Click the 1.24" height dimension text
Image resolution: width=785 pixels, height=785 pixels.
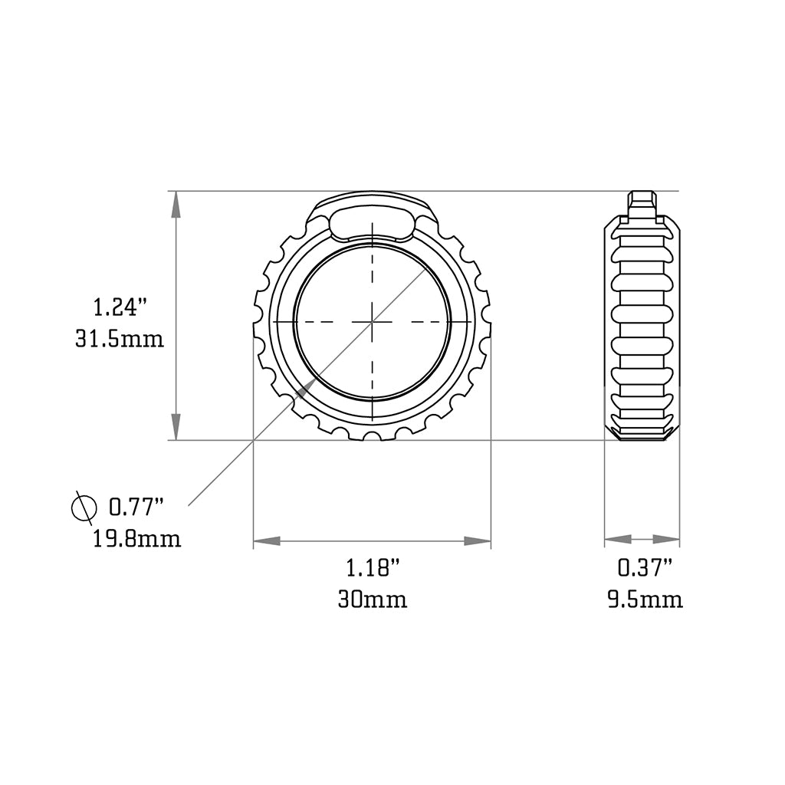120,308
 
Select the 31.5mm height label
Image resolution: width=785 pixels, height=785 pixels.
120,338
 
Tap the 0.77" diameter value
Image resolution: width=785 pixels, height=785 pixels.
136,507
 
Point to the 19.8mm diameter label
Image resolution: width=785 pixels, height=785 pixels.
137,539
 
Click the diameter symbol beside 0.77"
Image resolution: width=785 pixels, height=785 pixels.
83,507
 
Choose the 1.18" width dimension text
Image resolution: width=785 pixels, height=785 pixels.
373,568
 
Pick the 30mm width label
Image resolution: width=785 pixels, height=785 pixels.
373,599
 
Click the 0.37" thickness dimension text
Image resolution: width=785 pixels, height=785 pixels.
645,568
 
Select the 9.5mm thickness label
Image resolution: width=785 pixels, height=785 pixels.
645,599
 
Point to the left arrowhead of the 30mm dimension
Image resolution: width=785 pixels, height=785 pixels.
266,541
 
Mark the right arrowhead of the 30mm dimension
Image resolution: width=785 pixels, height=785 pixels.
478,541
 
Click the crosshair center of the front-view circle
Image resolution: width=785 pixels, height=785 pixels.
373,322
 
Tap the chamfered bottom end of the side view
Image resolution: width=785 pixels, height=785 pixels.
642,434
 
